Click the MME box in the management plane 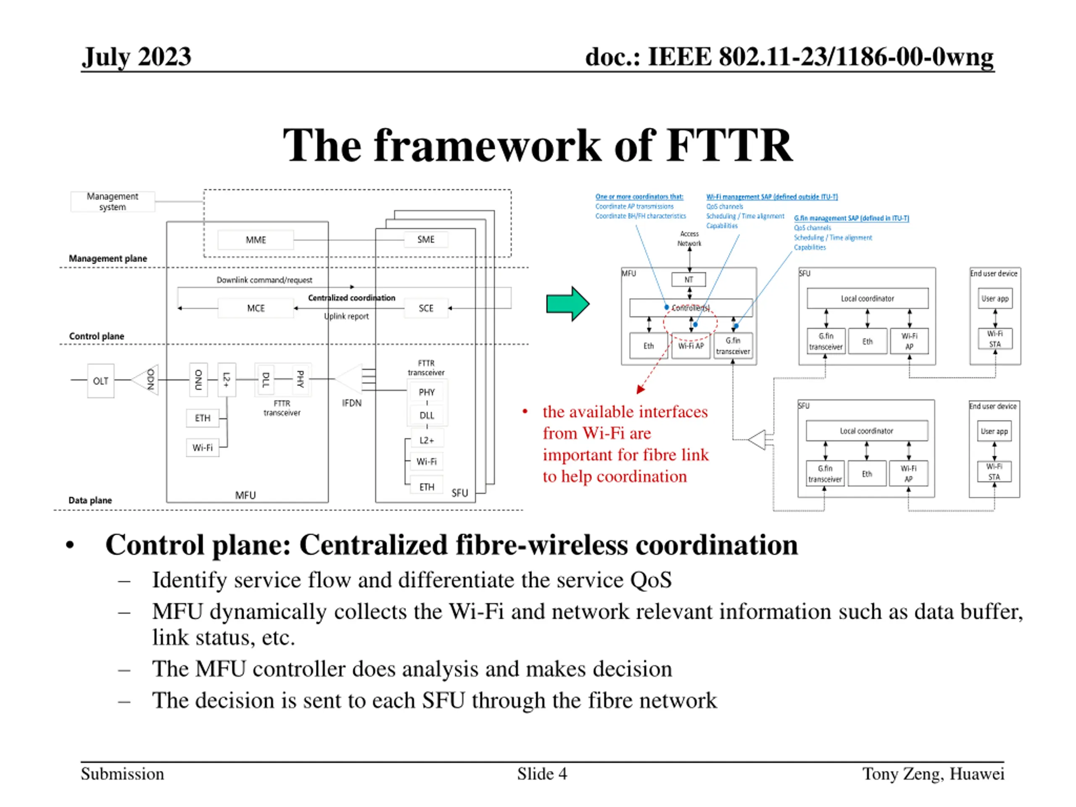pyautogui.click(x=256, y=240)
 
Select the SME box pyautogui.click(x=426, y=239)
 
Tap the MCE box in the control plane pyautogui.click(x=256, y=309)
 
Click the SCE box pyautogui.click(x=426, y=309)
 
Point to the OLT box pyautogui.click(x=101, y=381)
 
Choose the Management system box pyautogui.click(x=112, y=201)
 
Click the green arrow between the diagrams pyautogui.click(x=567, y=303)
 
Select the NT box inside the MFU pyautogui.click(x=688, y=280)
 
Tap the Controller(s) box pyautogui.click(x=690, y=308)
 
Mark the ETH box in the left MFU pyautogui.click(x=202, y=418)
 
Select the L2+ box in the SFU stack pyautogui.click(x=426, y=440)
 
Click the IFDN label pyautogui.click(x=351, y=403)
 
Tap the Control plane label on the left pyautogui.click(x=96, y=336)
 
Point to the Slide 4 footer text pyautogui.click(x=542, y=774)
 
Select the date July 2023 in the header pyautogui.click(x=137, y=57)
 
